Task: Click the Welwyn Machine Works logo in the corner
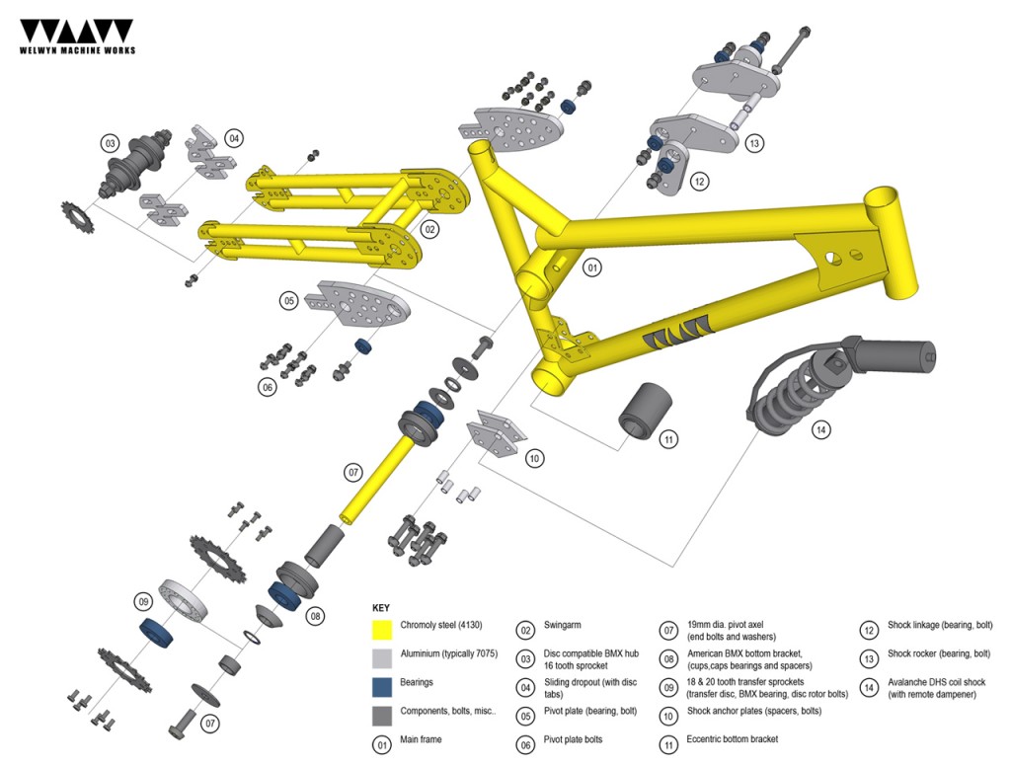[77, 36]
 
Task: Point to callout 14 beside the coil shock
[821, 429]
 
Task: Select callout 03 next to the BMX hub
[111, 142]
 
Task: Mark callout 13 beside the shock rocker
[754, 143]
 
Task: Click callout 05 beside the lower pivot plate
[289, 299]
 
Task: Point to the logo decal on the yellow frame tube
[677, 336]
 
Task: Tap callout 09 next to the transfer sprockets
[144, 600]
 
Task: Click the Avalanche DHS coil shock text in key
[937, 682]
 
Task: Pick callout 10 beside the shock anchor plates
[533, 458]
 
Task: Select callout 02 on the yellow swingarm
[429, 229]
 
